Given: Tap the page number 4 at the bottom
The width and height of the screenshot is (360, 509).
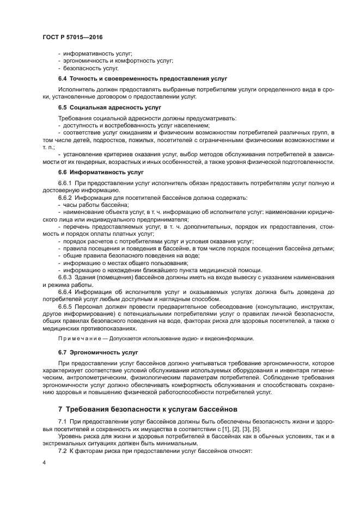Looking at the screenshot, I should pos(44,462).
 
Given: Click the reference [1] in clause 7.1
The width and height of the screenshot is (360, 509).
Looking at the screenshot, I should pos(220,428).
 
